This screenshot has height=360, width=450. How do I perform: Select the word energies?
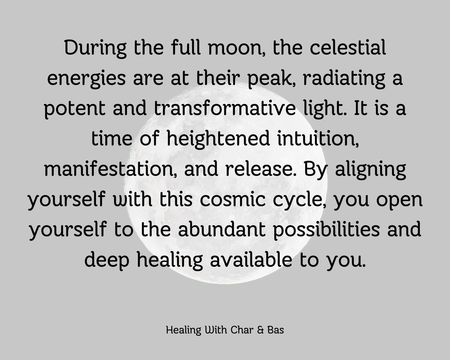(x=86, y=79)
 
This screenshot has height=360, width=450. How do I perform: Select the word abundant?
(x=222, y=230)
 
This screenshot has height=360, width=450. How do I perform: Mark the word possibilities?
(x=326, y=231)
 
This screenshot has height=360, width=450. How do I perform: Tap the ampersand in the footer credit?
(x=260, y=330)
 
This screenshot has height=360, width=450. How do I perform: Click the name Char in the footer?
(x=242, y=330)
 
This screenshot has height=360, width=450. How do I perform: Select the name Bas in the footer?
(x=276, y=330)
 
